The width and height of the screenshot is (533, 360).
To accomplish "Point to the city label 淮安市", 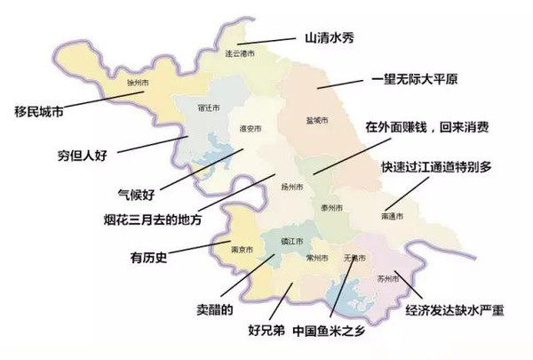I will tap(250, 129).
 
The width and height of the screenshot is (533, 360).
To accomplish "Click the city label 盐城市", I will tap(315, 118).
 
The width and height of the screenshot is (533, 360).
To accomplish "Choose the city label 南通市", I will tap(392, 216).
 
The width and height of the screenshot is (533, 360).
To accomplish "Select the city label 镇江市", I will tap(291, 241).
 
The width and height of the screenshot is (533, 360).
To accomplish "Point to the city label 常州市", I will tap(317, 258).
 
